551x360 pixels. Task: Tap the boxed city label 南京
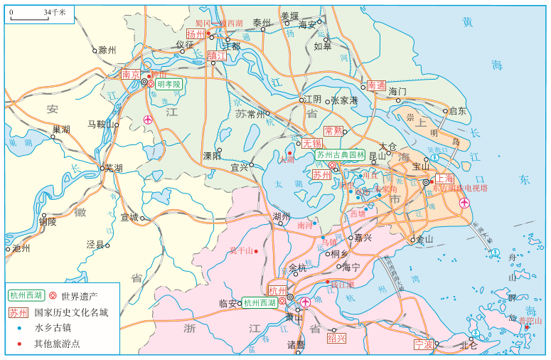(x=130, y=74)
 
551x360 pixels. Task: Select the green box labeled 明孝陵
(x=168, y=84)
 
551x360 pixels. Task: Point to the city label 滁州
(x=107, y=50)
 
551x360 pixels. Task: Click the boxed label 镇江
(x=216, y=55)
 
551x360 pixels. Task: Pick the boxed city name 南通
(x=376, y=85)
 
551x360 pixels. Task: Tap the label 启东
(x=458, y=111)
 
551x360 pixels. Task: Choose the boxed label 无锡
(x=312, y=142)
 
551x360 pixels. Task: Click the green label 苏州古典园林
(x=341, y=154)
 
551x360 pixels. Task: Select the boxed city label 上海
(x=444, y=179)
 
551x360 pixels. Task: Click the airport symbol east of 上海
(x=464, y=204)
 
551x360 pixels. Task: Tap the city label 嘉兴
(x=362, y=238)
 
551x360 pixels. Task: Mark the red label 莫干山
(x=241, y=250)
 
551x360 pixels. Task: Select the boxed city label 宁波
(x=424, y=344)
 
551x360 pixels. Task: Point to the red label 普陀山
(x=530, y=321)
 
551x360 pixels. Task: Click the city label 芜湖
(x=114, y=168)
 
